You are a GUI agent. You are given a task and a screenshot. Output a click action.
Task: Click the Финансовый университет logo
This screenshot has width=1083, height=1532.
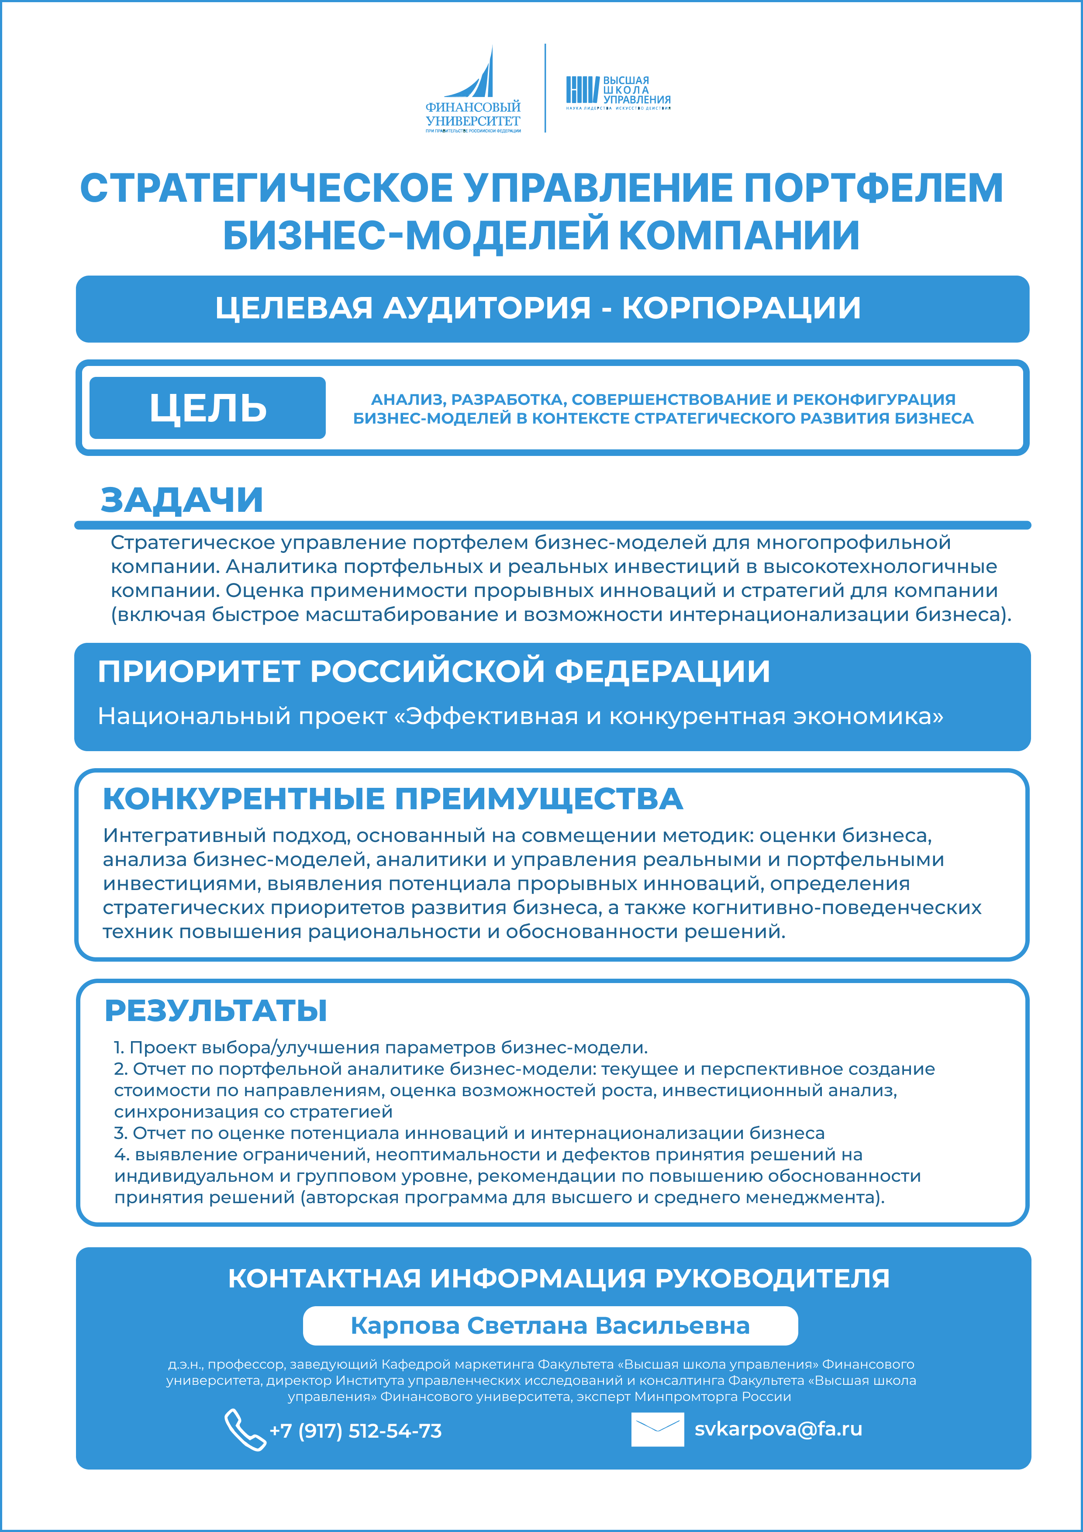tap(473, 90)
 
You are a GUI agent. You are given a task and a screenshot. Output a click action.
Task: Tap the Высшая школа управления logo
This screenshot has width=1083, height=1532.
tap(618, 91)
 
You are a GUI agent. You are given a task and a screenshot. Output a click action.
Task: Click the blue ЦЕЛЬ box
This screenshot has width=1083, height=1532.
tap(207, 408)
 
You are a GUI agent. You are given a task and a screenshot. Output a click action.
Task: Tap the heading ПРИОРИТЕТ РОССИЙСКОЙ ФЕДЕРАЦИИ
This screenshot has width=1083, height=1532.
tap(434, 671)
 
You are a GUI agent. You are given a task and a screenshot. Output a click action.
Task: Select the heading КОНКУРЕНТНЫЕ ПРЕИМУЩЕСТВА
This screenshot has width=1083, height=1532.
tap(392, 799)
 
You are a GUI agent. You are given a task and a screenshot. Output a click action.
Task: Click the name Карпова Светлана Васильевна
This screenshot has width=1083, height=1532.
tap(550, 1326)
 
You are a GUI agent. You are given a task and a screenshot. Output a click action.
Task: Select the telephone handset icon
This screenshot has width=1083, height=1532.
tap(244, 1429)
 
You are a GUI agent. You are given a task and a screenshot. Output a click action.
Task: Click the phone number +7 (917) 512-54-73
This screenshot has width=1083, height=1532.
tap(355, 1431)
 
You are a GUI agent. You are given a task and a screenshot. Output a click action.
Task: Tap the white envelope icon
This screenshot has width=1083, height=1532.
tap(657, 1429)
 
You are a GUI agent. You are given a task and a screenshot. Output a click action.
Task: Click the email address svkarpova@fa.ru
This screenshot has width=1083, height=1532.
tap(778, 1428)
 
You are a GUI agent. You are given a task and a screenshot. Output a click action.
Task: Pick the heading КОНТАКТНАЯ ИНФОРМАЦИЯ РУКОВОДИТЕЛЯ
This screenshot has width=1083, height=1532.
tap(559, 1278)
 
